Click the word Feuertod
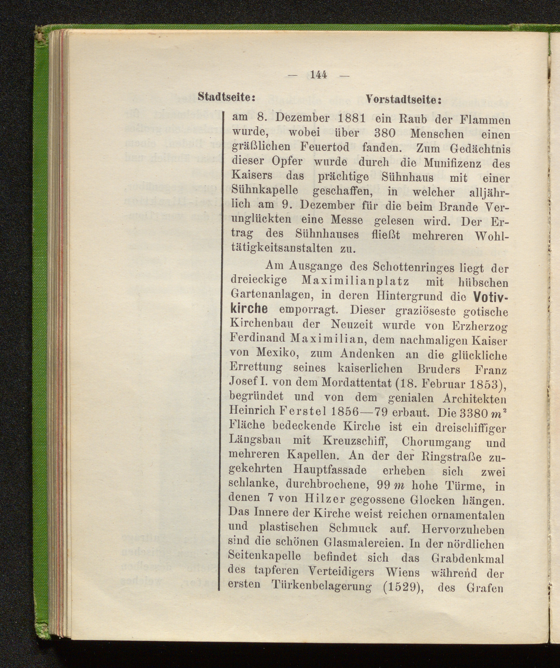tap(325, 147)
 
